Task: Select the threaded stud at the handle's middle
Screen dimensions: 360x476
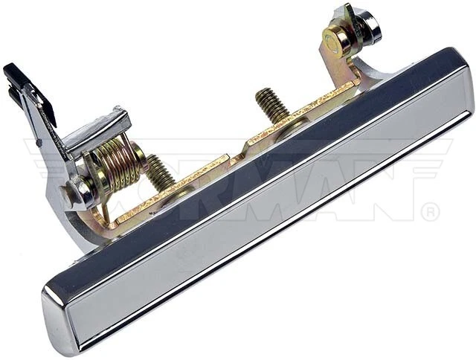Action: (273, 105)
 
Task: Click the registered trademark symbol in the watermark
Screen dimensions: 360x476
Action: (430, 212)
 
